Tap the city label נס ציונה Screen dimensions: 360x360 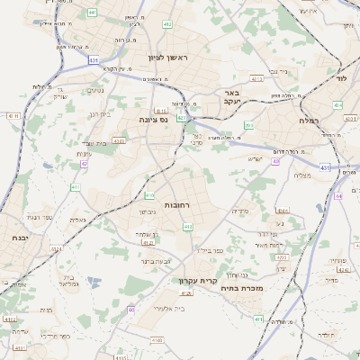(x=154, y=119)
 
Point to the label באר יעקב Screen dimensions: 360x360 (x=229, y=97)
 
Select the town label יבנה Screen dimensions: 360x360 (x=20, y=238)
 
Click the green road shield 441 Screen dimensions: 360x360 (x=94, y=13)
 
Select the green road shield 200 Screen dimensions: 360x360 (x=249, y=125)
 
